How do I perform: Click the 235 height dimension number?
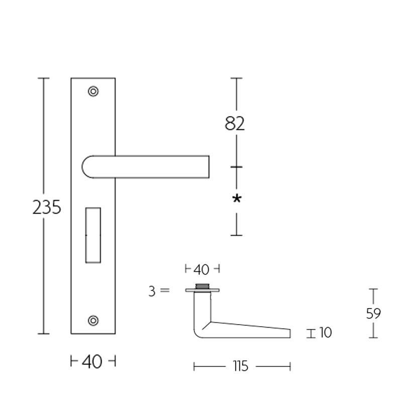[47, 207]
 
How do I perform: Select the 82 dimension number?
[235, 123]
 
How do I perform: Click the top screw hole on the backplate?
[93, 91]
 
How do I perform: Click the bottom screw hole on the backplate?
[93, 320]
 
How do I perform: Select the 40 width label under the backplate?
[92, 361]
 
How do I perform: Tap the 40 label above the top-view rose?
[201, 270]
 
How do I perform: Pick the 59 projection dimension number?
[373, 314]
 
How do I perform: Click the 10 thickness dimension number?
[326, 333]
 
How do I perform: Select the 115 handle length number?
[241, 367]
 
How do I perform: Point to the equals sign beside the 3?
[165, 291]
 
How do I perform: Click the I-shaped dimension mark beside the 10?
[312, 333]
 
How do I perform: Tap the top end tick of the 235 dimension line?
[44, 78]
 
